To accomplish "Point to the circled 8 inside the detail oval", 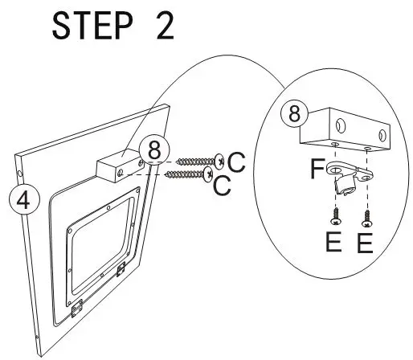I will point(295,114).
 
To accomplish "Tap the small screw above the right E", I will point(367,215).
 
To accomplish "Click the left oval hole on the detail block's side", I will point(340,126).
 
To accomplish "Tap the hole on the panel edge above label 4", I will point(19,172).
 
